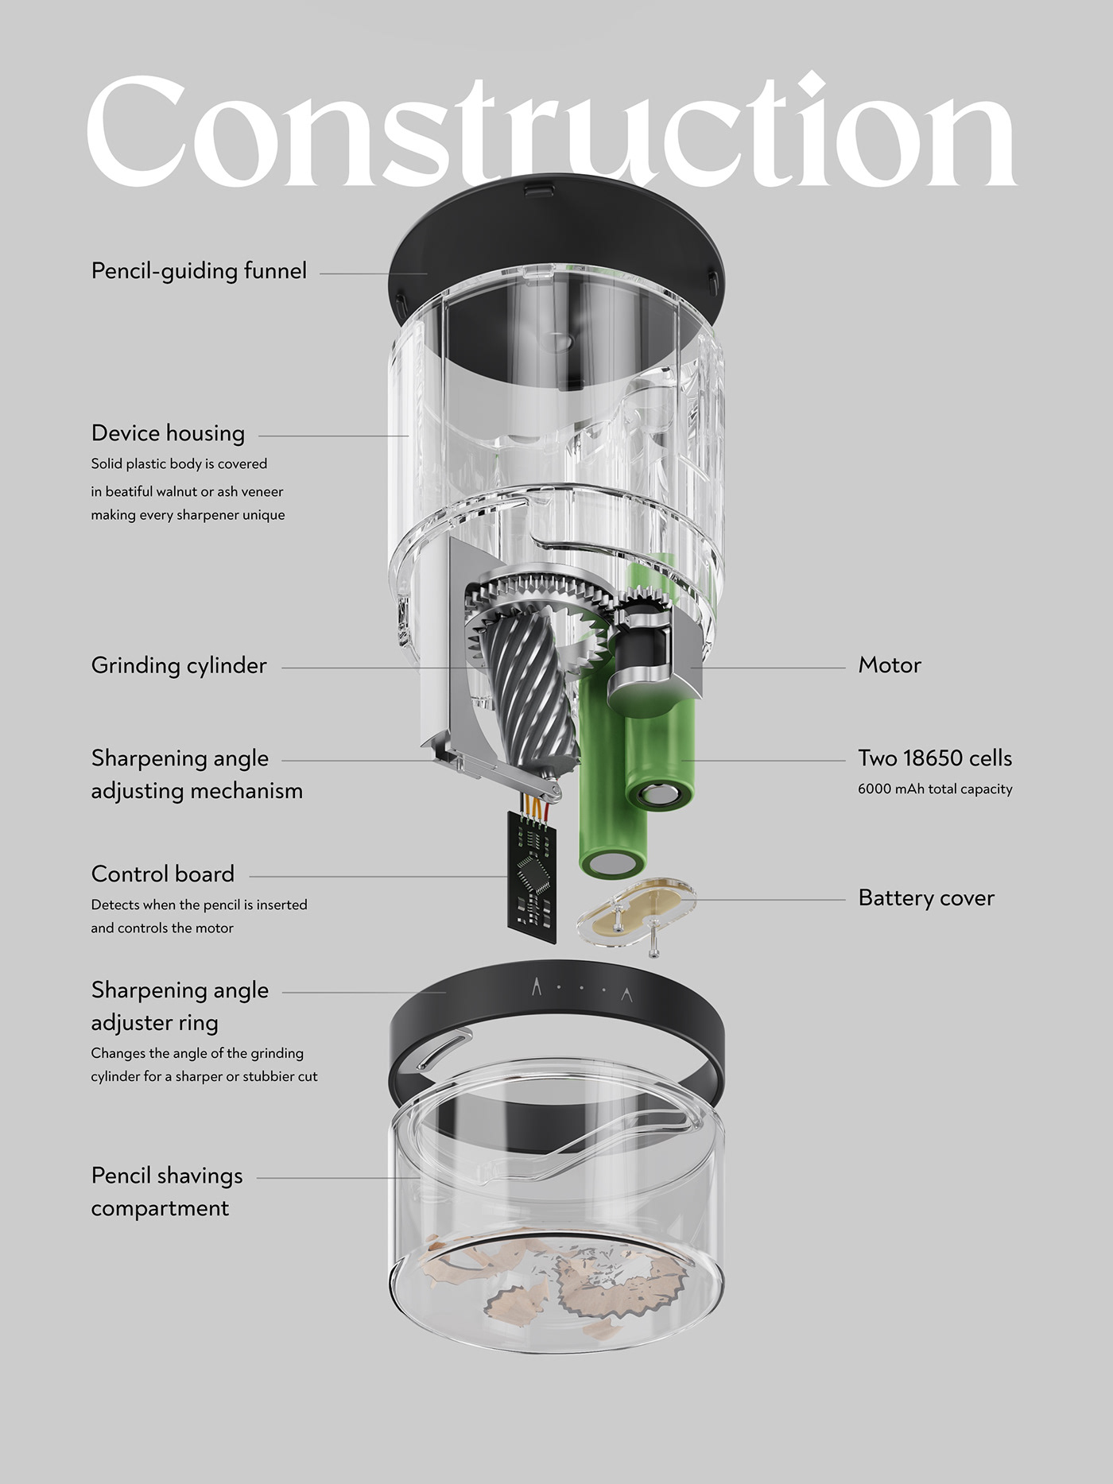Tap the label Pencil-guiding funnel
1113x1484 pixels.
tap(199, 271)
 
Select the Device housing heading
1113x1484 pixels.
tap(168, 433)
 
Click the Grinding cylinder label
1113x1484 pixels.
tap(179, 665)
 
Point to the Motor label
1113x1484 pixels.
tap(889, 665)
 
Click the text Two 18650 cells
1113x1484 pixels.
tap(934, 758)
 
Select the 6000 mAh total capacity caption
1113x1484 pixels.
tap(934, 789)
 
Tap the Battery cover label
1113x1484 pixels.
tap(925, 898)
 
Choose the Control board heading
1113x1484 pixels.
tap(162, 874)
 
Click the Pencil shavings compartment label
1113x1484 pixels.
tap(166, 1191)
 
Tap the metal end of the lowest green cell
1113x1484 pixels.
tap(611, 864)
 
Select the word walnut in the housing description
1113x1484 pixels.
tap(176, 492)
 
